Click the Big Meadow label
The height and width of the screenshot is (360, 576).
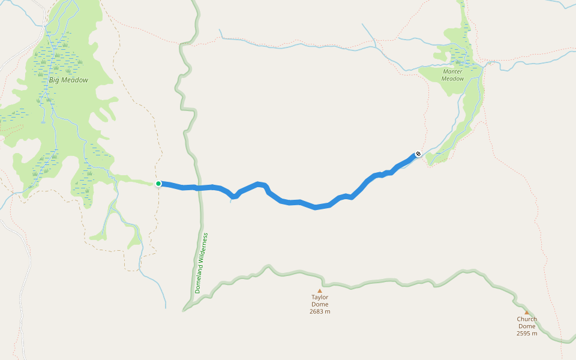(x=68, y=80)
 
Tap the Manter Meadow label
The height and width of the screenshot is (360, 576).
(x=452, y=75)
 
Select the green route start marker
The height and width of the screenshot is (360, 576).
(x=158, y=184)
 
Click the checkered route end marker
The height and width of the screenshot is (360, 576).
(x=418, y=154)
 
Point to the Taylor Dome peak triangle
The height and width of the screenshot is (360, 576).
(x=320, y=290)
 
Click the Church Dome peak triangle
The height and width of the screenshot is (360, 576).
(x=527, y=312)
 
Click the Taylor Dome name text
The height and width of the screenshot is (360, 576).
(x=320, y=301)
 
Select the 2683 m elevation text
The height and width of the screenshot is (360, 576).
(x=320, y=311)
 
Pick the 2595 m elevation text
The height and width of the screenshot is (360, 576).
(x=527, y=334)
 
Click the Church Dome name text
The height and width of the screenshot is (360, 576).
(x=527, y=323)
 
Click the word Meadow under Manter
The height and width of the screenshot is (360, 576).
(x=453, y=79)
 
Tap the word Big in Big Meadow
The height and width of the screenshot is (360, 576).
(x=54, y=80)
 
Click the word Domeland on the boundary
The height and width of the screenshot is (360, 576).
(x=199, y=279)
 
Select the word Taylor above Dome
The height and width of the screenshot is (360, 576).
(x=320, y=297)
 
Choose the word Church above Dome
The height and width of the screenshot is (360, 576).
(x=527, y=319)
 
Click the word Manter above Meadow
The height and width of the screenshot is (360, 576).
(x=452, y=71)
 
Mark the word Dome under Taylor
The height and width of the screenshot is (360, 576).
(x=320, y=304)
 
